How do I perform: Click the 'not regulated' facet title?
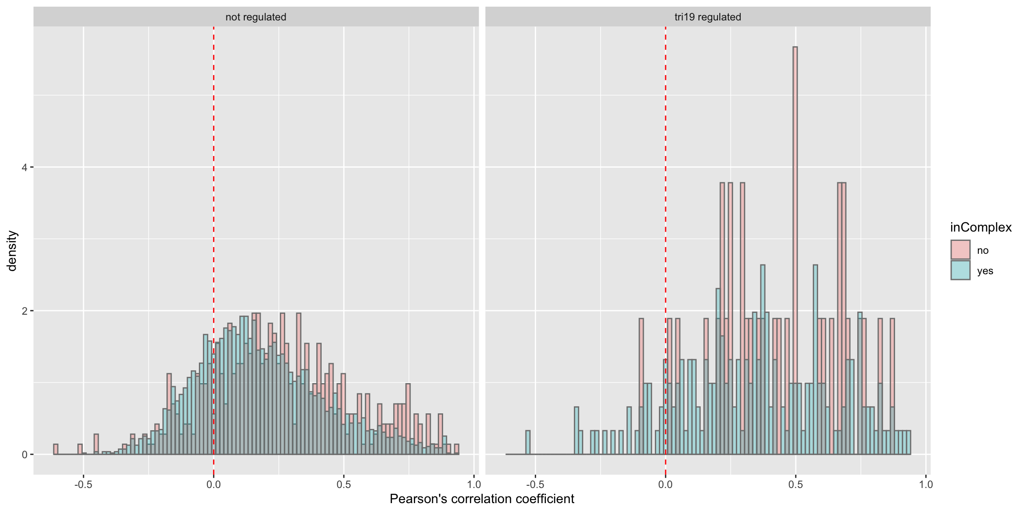coord(256,17)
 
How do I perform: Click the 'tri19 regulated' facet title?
coord(707,17)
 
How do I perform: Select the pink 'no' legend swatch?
coord(960,250)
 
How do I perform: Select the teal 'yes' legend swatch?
coord(960,270)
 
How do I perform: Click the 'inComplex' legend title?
coord(981,228)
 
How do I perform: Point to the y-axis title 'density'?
coord(12,251)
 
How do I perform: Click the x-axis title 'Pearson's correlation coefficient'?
coord(482,499)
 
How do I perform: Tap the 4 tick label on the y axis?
coord(24,168)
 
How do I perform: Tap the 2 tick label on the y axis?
coord(24,311)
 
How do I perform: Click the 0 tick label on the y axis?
coord(24,455)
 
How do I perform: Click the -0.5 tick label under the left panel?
coord(83,484)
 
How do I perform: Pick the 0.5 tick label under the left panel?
coord(343,484)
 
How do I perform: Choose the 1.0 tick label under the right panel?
coord(925,484)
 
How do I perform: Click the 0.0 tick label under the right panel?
coord(665,484)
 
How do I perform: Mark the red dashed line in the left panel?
coord(214,178)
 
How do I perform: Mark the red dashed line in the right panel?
coord(666,178)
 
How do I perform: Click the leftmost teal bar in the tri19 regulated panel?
coord(528,443)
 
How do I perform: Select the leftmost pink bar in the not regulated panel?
coord(56,449)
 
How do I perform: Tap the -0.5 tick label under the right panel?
coord(535,484)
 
